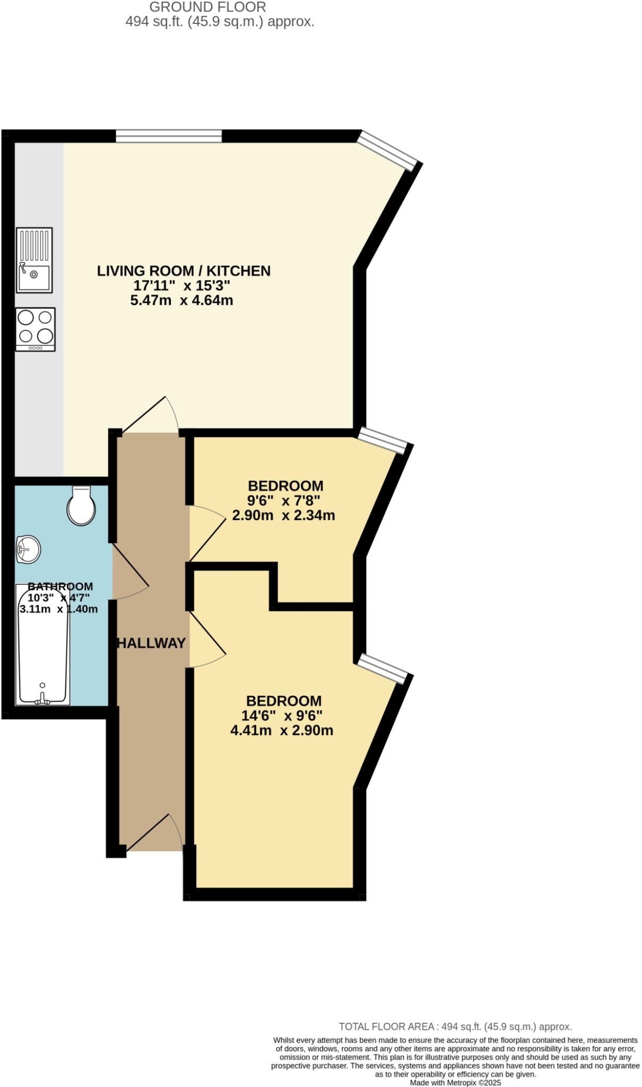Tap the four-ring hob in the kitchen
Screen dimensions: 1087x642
[x=36, y=329]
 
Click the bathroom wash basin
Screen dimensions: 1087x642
[x=28, y=549]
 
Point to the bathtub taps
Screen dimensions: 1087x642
[x=42, y=700]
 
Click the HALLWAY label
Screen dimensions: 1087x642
[x=151, y=643]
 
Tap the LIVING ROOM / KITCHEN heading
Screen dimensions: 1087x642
[x=184, y=271]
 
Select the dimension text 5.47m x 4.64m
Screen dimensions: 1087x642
[x=181, y=300]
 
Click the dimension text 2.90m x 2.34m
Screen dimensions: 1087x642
[x=283, y=515]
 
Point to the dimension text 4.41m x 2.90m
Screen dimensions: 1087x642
[x=282, y=730]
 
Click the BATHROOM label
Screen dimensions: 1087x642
[x=60, y=586]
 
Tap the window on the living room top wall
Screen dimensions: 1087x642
[x=169, y=136]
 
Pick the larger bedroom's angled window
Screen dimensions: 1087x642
[x=383, y=668]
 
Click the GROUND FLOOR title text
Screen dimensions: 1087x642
[x=207, y=7]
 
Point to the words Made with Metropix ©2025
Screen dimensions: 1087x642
[x=455, y=1083]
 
